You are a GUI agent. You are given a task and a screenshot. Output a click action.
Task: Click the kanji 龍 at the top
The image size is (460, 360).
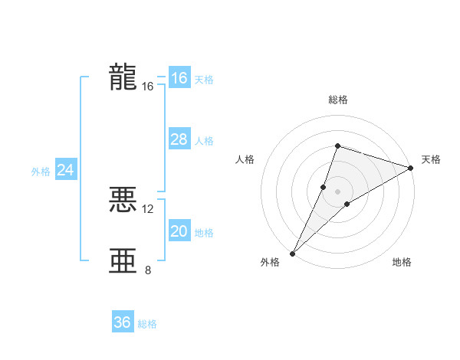click(123, 77)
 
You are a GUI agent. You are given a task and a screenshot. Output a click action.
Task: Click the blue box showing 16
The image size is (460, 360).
click(179, 78)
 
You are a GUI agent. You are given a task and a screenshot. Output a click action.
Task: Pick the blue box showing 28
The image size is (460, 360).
click(179, 139)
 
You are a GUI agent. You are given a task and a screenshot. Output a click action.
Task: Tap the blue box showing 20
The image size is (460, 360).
click(179, 231)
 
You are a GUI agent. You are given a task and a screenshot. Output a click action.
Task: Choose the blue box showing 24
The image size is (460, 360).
click(66, 170)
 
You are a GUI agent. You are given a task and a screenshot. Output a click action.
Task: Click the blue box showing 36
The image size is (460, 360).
click(123, 322)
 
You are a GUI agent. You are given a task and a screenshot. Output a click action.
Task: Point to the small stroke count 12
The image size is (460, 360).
click(148, 208)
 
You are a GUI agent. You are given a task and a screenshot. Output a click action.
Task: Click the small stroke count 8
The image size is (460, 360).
click(148, 270)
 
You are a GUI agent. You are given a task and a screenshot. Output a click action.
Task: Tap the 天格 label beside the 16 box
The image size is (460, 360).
click(204, 80)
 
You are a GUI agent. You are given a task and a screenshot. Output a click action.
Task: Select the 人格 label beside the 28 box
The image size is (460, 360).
click(204, 141)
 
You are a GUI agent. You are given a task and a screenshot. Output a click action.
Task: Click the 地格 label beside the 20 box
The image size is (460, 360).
click(204, 233)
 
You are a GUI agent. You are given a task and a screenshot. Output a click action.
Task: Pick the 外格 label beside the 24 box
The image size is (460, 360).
click(41, 172)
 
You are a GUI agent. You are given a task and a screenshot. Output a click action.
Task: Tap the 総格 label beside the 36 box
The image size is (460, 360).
click(147, 324)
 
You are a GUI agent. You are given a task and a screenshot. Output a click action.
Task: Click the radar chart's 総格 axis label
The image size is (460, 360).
click(337, 100)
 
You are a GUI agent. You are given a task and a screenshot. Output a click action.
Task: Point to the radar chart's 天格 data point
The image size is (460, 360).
click(411, 168)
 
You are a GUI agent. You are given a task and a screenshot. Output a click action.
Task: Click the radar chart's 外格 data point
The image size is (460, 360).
click(293, 253)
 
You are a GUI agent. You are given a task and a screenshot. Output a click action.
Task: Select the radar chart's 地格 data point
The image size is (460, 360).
click(347, 203)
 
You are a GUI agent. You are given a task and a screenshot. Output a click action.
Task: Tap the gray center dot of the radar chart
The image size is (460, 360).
click(337, 191)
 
